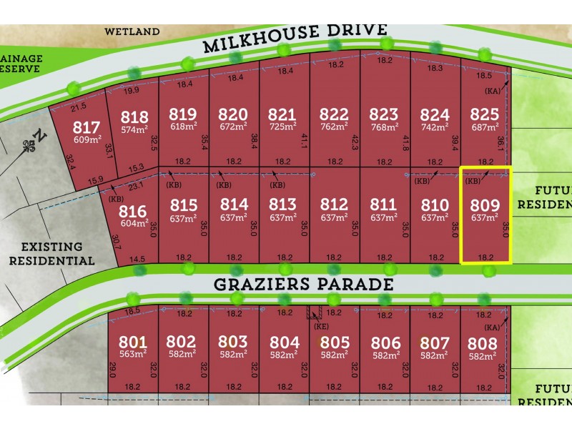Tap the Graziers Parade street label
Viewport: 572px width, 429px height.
click(x=304, y=285)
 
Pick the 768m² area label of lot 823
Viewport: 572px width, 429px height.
click(x=384, y=127)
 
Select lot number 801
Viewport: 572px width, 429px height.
click(x=134, y=342)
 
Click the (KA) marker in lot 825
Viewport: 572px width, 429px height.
click(x=493, y=92)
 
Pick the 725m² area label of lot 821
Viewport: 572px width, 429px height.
click(x=283, y=127)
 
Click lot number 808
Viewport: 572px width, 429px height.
click(x=482, y=342)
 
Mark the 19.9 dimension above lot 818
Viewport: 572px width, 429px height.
click(x=132, y=91)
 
